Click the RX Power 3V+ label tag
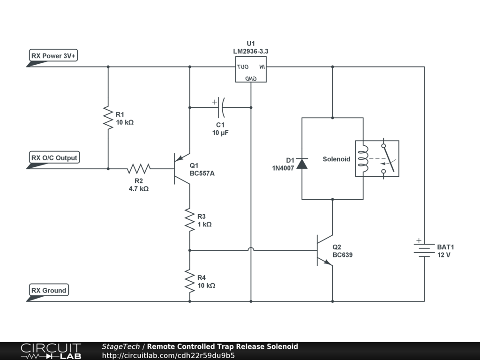pyautogui.click(x=53, y=55)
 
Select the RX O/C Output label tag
pyautogui.click(x=54, y=157)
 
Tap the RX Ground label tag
pyautogui.click(x=49, y=290)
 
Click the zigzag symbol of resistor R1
pyautogui.click(x=108, y=118)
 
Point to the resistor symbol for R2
pyautogui.click(x=139, y=169)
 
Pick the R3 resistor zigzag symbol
pyautogui.click(x=190, y=220)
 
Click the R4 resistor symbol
pyautogui.click(x=190, y=281)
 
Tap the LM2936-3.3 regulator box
pyautogui.click(x=251, y=69)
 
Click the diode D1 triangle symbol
pyautogui.click(x=302, y=164)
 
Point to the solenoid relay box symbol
pyautogui.click(x=377, y=158)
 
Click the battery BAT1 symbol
pyautogui.click(x=424, y=248)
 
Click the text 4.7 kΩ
pyautogui.click(x=139, y=188)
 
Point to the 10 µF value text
pyautogui.click(x=220, y=133)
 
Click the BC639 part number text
pyautogui.click(x=343, y=255)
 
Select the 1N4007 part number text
pyautogui.click(x=283, y=168)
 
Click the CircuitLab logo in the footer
pyautogui.click(x=51, y=351)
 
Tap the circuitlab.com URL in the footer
pyautogui.click(x=168, y=355)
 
